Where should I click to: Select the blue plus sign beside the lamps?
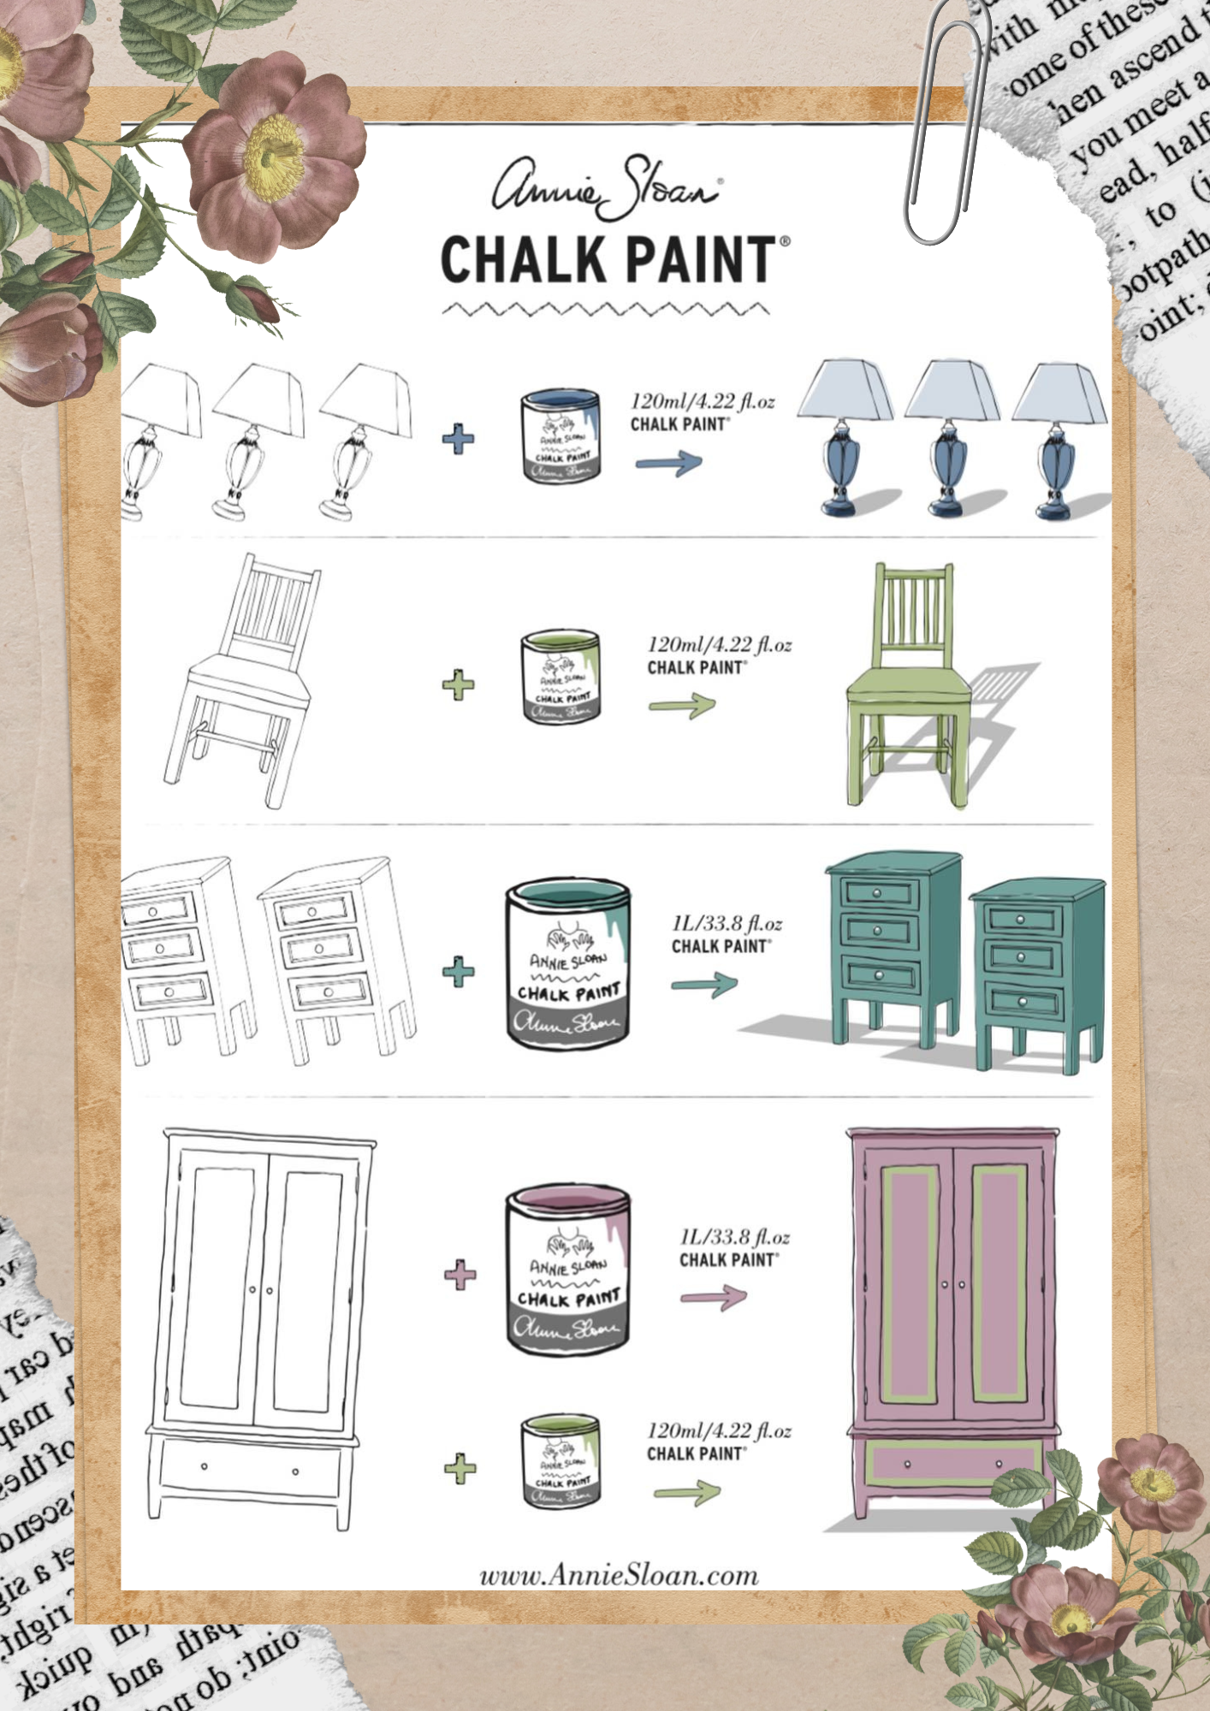pyautogui.click(x=459, y=440)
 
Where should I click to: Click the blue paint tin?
pyautogui.click(x=561, y=436)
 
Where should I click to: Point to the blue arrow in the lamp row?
pyautogui.click(x=668, y=464)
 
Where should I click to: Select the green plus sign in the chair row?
pyautogui.click(x=459, y=684)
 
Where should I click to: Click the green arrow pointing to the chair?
pyautogui.click(x=682, y=707)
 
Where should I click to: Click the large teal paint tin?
pyautogui.click(x=568, y=965)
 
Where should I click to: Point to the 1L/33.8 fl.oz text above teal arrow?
pyautogui.click(x=727, y=924)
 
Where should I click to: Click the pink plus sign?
pyautogui.click(x=460, y=1275)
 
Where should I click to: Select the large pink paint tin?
pyautogui.click(x=568, y=1270)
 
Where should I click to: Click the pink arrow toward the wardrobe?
pyautogui.click(x=713, y=1299)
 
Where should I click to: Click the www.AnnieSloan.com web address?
pyautogui.click(x=619, y=1576)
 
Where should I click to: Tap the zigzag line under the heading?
pyautogui.click(x=606, y=309)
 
